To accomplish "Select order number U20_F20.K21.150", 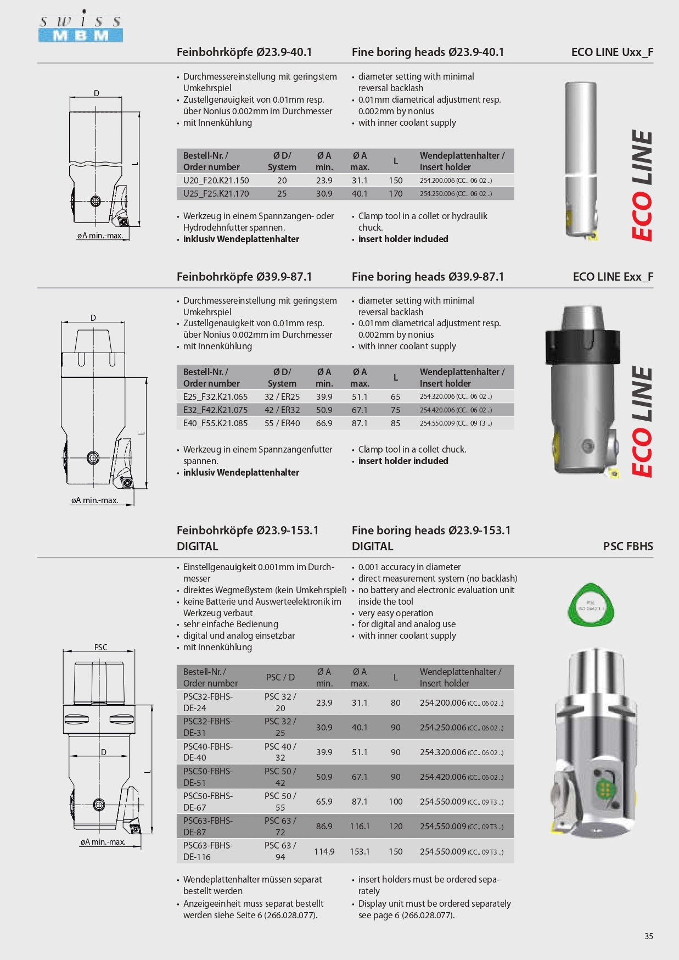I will pyautogui.click(x=216, y=181).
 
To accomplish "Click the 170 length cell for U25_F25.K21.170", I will pyautogui.click(x=395, y=194).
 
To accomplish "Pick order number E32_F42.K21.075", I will pyautogui.click(x=215, y=410).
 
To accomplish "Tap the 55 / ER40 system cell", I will pyautogui.click(x=282, y=423).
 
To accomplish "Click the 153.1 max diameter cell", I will pyautogui.click(x=360, y=852).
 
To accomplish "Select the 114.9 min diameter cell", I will pyautogui.click(x=324, y=852).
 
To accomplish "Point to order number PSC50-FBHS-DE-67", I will pyautogui.click(x=207, y=802).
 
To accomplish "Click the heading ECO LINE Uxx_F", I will pyautogui.click(x=611, y=52).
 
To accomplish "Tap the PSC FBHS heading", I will pyautogui.click(x=627, y=546).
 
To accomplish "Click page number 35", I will pyautogui.click(x=648, y=936).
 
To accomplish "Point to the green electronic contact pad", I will pyautogui.click(x=604, y=789).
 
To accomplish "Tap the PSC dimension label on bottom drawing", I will pyautogui.click(x=100, y=648).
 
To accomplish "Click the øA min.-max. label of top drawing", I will pyautogui.click(x=99, y=236).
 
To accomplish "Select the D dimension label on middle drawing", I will pyautogui.click(x=93, y=318).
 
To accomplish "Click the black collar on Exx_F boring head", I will pyautogui.click(x=582, y=346).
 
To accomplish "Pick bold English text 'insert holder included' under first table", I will pyautogui.click(x=403, y=239).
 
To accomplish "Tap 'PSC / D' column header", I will pyautogui.click(x=280, y=678).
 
